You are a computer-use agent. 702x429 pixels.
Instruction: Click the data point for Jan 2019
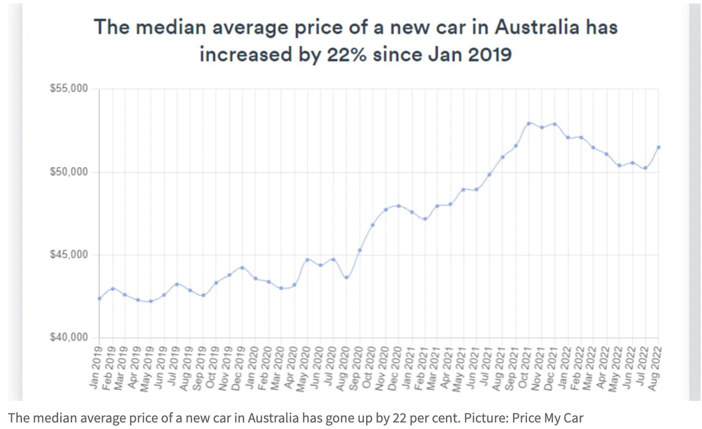99,298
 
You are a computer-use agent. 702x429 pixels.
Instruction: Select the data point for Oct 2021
529,123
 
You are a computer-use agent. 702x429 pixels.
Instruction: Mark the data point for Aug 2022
658,147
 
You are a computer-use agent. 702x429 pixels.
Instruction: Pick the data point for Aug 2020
346,277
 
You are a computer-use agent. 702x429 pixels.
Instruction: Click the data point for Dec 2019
242,268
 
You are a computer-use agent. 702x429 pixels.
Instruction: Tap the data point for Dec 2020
398,206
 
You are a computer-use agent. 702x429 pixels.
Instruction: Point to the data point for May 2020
307,260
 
